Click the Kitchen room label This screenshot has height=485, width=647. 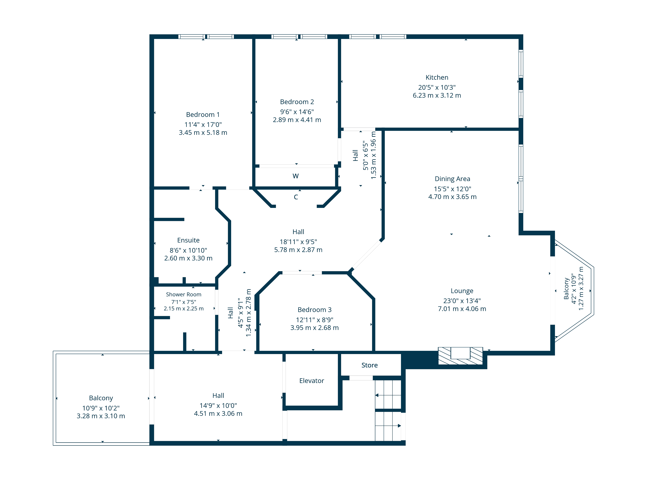coord(437,77)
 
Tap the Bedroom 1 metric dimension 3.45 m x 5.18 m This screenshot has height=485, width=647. coord(203,133)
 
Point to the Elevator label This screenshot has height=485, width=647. coord(312,381)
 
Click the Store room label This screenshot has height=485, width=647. coord(369,365)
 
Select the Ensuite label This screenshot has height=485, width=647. coord(188,240)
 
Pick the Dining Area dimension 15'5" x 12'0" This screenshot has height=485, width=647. coord(452,189)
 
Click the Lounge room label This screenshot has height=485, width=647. coord(462,291)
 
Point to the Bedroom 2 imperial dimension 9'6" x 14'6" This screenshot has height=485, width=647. coord(297,112)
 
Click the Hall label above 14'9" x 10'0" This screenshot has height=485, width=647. coord(218,396)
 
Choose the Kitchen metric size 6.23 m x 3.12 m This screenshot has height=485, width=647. coord(437,96)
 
